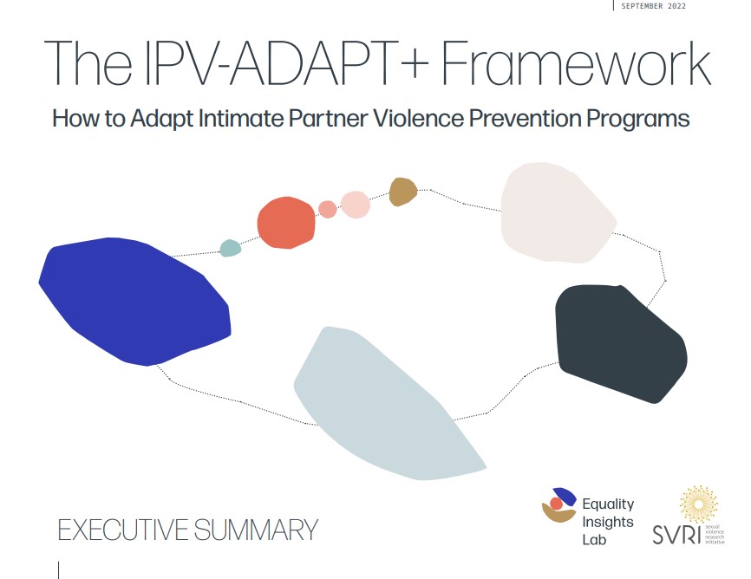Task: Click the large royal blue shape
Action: click(x=134, y=299)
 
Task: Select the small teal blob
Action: click(x=230, y=249)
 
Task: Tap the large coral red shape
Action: click(x=286, y=223)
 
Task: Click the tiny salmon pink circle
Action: click(x=328, y=209)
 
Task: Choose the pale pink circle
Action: click(x=356, y=205)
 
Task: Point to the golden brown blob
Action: click(x=402, y=192)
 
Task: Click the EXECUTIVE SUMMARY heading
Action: click(x=187, y=529)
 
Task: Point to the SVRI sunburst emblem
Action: click(x=699, y=504)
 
